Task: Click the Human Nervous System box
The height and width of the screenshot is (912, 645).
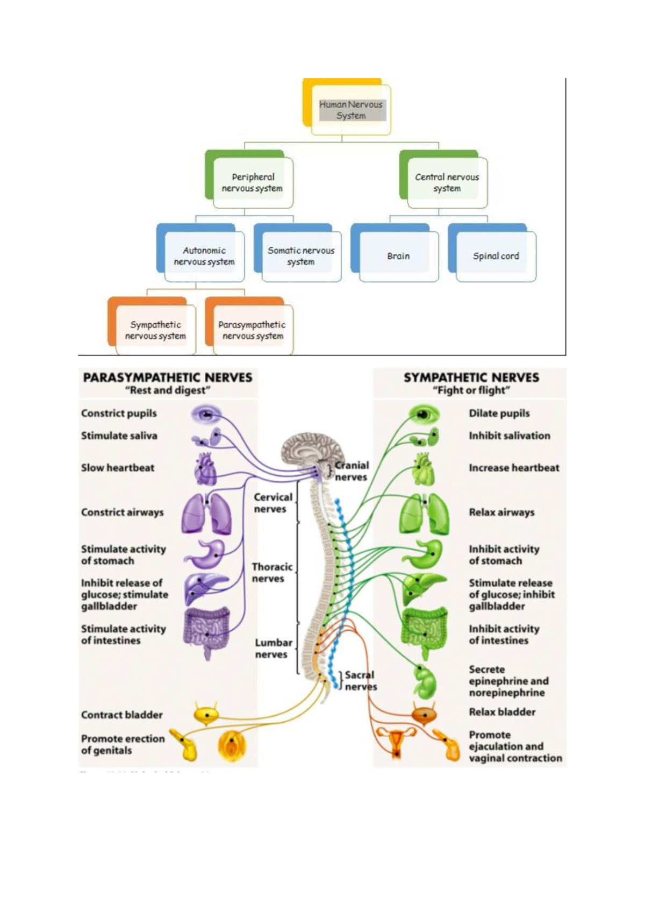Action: [350, 110]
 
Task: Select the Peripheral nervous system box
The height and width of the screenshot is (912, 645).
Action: [253, 183]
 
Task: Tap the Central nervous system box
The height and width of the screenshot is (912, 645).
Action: [447, 183]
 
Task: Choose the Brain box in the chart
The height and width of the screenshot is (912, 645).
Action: [398, 256]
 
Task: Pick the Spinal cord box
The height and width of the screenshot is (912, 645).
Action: [496, 256]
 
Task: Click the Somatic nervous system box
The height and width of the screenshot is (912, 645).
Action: [301, 256]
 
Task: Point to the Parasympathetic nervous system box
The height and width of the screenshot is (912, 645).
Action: [253, 330]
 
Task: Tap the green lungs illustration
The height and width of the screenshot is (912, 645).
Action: [424, 514]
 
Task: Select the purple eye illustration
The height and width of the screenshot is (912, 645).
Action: [206, 414]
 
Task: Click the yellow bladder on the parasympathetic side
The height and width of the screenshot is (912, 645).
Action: [206, 714]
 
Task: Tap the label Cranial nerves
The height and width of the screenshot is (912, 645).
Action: [352, 471]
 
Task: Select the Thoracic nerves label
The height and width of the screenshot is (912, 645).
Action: [272, 573]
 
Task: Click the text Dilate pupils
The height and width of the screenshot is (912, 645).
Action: [499, 414]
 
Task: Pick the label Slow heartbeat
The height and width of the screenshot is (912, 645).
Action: [118, 468]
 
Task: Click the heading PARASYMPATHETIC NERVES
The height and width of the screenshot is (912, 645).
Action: [167, 377]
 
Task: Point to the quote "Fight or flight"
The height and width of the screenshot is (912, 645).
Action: [471, 390]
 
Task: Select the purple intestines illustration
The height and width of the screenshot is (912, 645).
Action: [206, 629]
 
